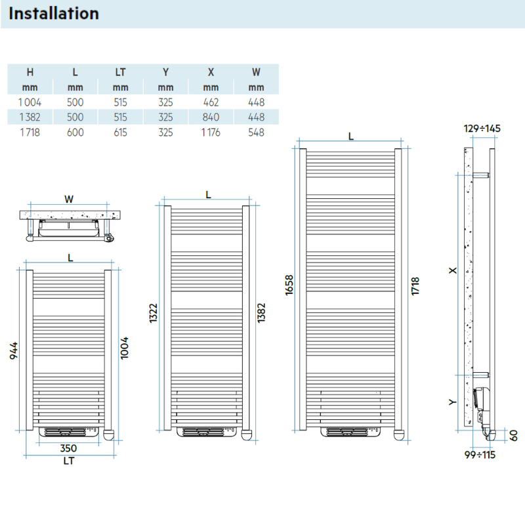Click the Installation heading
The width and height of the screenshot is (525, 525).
[x=54, y=13]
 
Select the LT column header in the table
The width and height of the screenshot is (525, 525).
[x=120, y=72]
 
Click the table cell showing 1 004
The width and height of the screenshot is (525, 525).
[x=30, y=102]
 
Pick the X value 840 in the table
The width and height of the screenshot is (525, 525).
[x=211, y=117]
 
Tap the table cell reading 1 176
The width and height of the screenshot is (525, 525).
[x=211, y=133]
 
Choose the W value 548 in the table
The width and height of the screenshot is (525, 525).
[x=256, y=133]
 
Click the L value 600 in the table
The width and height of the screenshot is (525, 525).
[x=75, y=133]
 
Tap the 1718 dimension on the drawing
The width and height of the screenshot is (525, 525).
[x=415, y=285]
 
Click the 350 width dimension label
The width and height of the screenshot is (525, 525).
[x=69, y=448]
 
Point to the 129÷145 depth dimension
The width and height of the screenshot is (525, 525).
[x=482, y=129]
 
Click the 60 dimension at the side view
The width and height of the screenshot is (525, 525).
[x=514, y=434]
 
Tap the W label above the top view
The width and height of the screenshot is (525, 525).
[x=69, y=198]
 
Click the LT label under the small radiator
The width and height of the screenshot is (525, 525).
[x=69, y=461]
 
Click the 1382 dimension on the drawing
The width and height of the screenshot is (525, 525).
[x=261, y=317]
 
